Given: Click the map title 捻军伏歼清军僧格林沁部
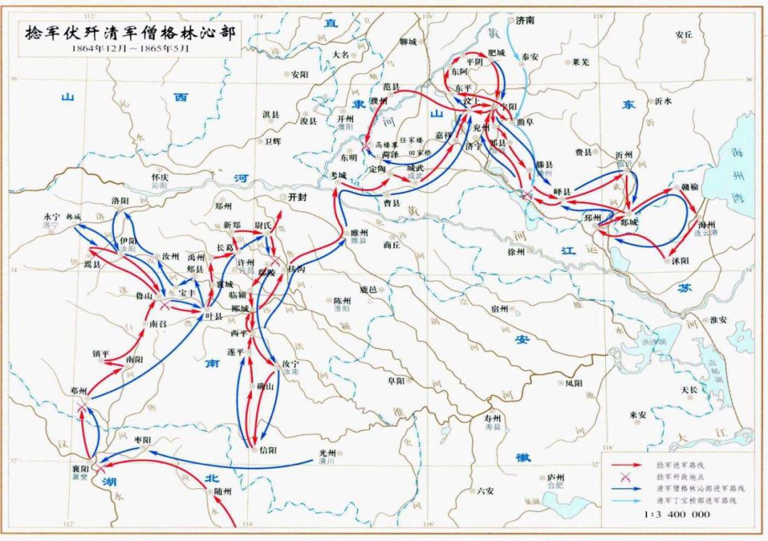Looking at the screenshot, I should pos(129,32).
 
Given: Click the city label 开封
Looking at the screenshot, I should pos(297,197).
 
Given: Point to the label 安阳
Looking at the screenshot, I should pos(299,74).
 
